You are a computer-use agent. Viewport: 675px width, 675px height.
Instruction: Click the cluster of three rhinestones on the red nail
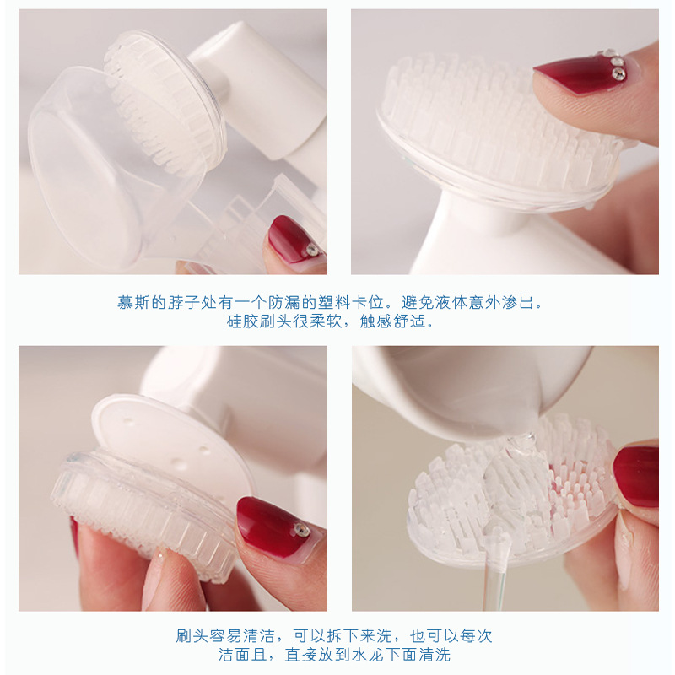(614, 64)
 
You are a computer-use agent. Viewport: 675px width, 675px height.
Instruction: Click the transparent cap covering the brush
(121, 168)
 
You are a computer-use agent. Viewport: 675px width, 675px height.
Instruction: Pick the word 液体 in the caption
(451, 302)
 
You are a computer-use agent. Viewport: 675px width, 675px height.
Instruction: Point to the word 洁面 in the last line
(234, 655)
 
